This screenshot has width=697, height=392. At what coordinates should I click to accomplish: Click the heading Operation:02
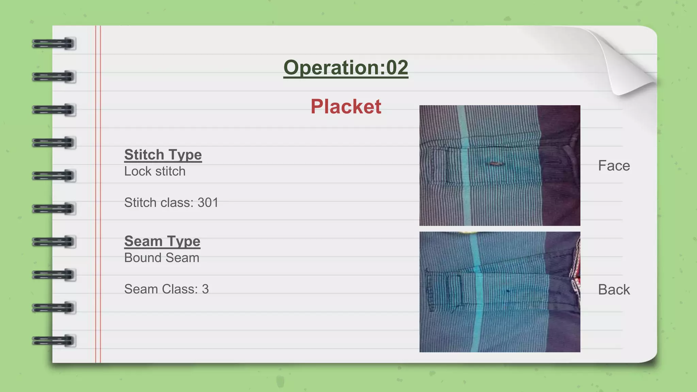point(345,67)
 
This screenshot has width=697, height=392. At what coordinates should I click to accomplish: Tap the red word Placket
point(346,107)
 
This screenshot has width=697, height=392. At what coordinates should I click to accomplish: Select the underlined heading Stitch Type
point(163,155)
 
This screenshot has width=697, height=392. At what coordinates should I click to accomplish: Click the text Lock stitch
point(155,171)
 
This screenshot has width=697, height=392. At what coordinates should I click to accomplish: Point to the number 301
point(208,202)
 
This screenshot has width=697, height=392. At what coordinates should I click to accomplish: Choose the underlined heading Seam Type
point(162,241)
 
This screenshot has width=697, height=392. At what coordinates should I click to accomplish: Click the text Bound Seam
point(162,258)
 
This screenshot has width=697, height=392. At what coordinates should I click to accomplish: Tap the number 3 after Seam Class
point(205,289)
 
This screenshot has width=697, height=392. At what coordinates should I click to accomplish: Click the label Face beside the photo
point(614,166)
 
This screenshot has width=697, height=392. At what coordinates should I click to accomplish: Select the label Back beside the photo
point(614,290)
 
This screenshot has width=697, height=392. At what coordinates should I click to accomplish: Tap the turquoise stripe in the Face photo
point(465,191)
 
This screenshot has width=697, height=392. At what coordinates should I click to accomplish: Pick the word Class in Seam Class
point(180,289)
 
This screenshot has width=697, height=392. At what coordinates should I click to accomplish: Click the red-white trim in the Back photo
point(576,272)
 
